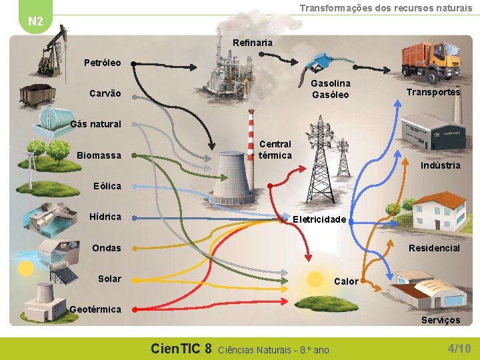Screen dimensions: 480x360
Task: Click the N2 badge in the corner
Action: (36, 21)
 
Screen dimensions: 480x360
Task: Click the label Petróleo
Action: (103, 63)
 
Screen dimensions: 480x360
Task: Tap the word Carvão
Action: (105, 93)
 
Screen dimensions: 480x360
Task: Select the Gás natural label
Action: (96, 124)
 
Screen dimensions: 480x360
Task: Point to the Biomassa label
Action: (99, 155)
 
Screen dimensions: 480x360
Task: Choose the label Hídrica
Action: (105, 217)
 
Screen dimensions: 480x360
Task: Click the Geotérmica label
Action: (95, 309)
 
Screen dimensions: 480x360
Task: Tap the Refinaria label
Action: (253, 43)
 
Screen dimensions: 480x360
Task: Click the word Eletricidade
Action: (319, 219)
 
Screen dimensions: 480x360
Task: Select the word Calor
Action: (345, 281)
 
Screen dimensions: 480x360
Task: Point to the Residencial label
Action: (434, 248)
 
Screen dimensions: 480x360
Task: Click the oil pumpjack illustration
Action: (53, 53)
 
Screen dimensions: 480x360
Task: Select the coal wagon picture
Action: (39, 96)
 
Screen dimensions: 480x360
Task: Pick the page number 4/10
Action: (459, 348)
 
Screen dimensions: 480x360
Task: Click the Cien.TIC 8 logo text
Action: (181, 348)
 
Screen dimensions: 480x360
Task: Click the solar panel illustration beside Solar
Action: (56, 276)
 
